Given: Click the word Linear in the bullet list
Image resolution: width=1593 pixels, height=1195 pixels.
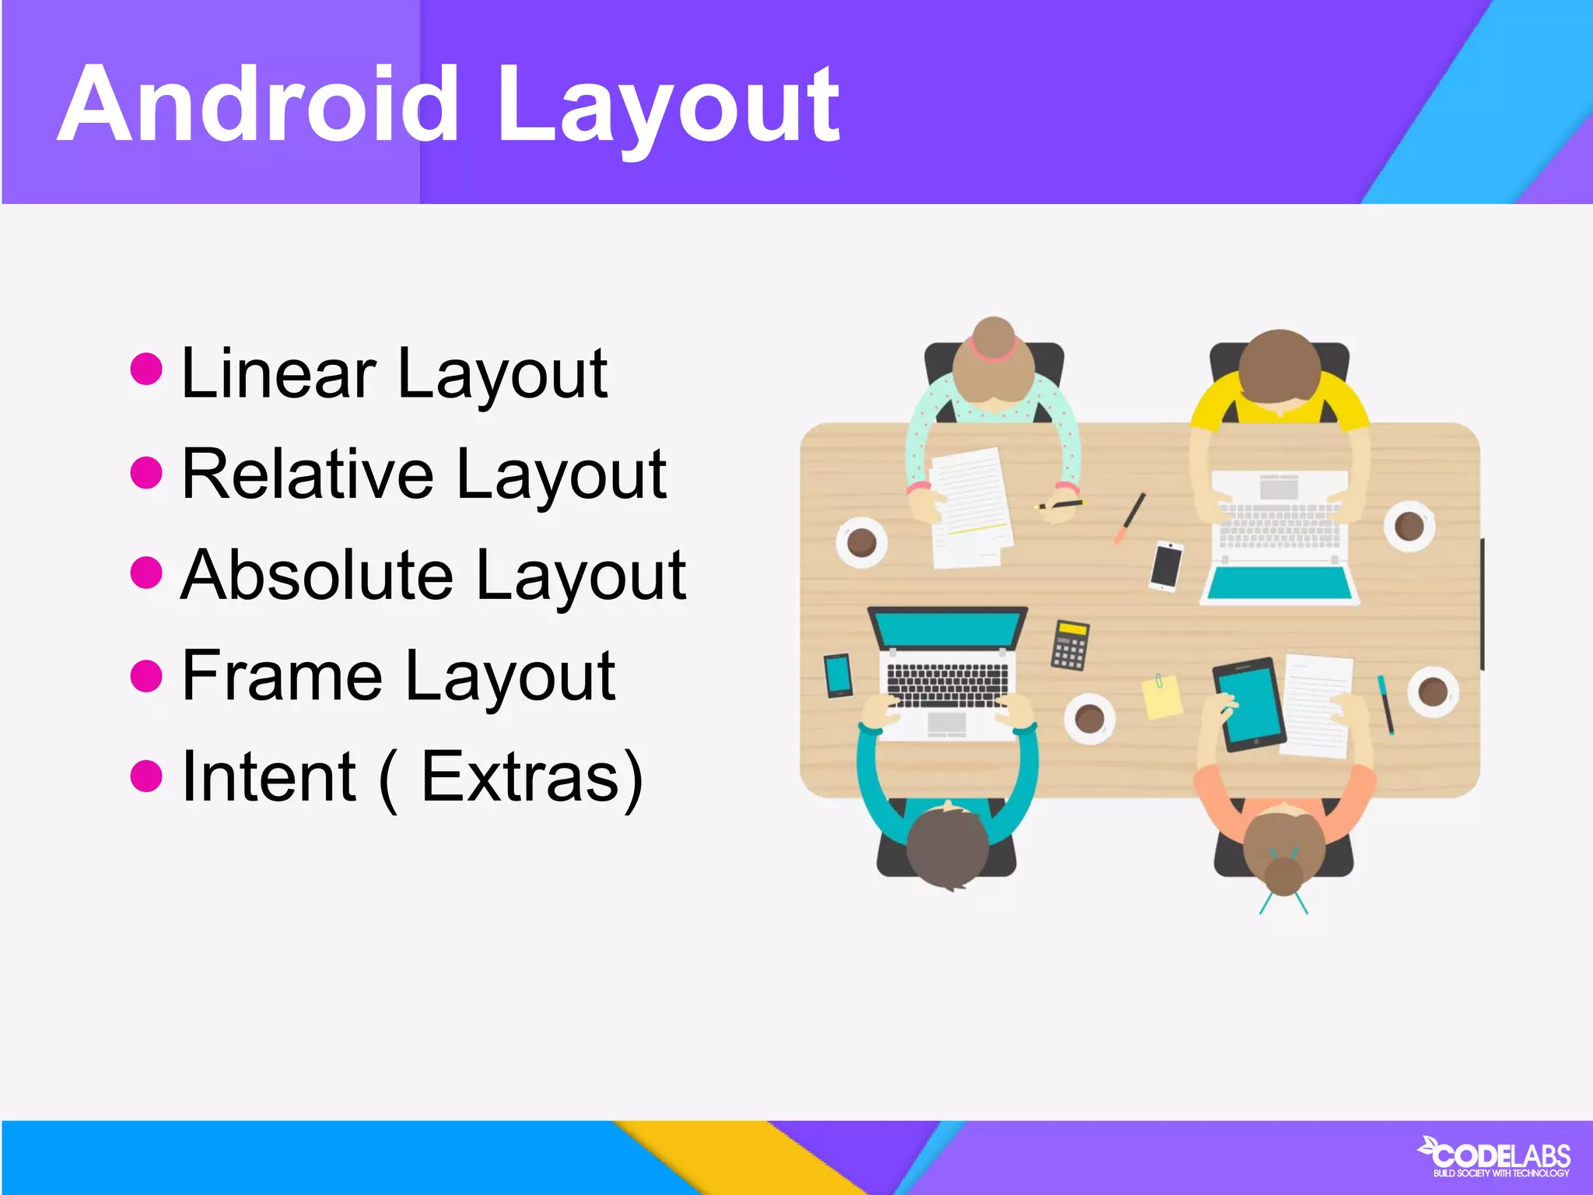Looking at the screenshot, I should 279,374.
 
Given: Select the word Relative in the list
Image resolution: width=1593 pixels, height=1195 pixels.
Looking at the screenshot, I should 307,475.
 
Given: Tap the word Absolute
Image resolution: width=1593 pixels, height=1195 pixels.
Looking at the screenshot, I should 317,576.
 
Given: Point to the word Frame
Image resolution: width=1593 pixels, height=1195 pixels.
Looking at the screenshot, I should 282,676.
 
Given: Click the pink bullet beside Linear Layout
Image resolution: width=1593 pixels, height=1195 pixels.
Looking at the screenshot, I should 146,369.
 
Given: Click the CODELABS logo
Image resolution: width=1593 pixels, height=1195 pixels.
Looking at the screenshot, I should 1495,1157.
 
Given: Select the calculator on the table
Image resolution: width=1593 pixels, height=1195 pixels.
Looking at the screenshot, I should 1070,645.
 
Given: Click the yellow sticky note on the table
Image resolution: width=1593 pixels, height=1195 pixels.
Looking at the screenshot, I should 1161,696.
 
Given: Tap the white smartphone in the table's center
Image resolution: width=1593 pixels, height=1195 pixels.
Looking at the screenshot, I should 1166,566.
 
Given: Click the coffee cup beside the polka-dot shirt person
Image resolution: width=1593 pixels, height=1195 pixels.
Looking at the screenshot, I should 862,541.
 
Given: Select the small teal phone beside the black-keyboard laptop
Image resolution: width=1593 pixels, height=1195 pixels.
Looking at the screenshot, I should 839,675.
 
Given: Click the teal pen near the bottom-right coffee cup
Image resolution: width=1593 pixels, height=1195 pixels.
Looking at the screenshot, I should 1386,705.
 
